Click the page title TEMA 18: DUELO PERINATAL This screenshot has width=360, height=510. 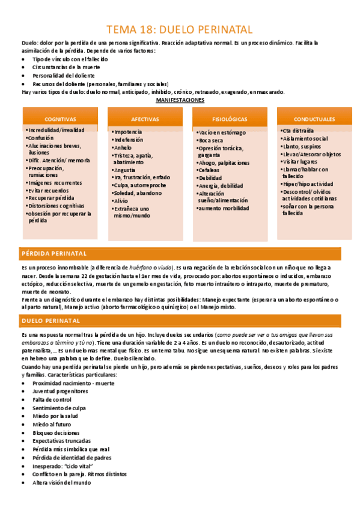(180, 29)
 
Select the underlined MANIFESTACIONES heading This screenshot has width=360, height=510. (180, 100)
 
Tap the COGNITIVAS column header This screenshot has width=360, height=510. (60, 119)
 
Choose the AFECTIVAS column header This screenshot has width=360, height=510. (144, 119)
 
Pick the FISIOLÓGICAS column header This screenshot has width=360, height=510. (229, 119)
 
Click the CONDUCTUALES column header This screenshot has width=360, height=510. (314, 119)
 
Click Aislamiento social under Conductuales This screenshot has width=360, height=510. (305, 138)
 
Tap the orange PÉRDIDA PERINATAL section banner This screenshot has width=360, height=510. (180, 253)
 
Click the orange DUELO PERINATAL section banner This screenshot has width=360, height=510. (180, 321)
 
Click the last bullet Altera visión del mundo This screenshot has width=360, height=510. (62, 482)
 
